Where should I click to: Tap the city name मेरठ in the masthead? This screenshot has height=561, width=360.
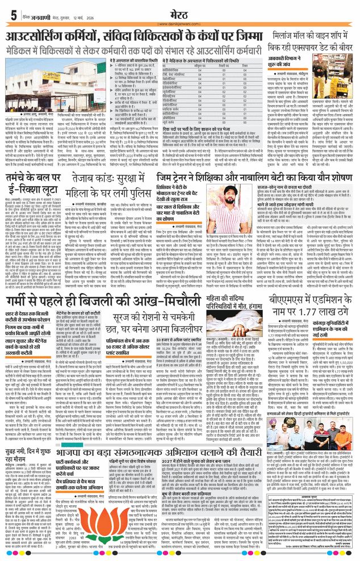pyautogui.click(x=180, y=11)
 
